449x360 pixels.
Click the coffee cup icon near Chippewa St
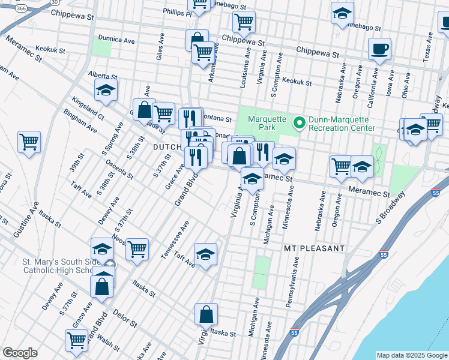(x=379, y=49)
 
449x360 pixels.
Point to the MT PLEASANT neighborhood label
(x=315, y=248)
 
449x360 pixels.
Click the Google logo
(x=20, y=353)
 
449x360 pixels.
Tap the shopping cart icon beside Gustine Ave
(x=29, y=143)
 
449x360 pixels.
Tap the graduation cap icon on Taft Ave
(x=205, y=254)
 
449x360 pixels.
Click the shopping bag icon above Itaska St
(x=206, y=314)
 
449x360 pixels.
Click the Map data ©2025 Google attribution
(x=411, y=355)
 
